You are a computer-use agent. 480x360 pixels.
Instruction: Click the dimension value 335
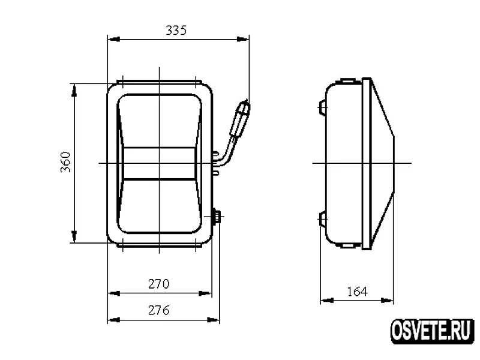coord(176,31)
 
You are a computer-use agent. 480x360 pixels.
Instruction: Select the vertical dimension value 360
coord(65,162)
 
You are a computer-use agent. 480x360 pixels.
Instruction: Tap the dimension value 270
coord(158,284)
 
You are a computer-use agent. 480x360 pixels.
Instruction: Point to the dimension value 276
coord(158,310)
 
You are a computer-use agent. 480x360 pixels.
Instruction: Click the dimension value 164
coord(357,292)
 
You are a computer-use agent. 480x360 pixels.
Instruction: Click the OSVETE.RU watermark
coord(432,331)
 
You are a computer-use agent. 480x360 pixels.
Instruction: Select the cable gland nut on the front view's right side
coord(217,217)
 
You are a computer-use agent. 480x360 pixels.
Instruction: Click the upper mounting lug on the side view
coord(322,107)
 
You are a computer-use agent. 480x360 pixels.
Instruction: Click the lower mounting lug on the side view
coord(322,219)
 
